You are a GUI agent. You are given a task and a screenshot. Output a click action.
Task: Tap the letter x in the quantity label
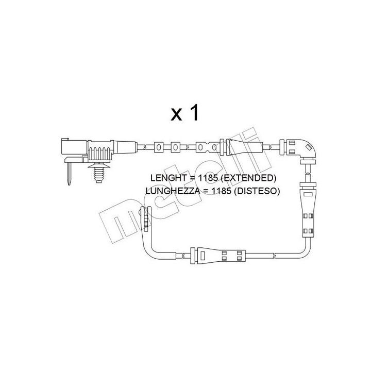[177, 115]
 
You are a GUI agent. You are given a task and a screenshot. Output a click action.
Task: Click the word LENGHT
[167, 178]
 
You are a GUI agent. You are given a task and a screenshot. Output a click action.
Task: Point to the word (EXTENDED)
[251, 178]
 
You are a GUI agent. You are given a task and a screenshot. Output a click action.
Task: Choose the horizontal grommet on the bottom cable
[217, 255]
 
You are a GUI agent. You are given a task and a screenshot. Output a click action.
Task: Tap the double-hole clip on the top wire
[205, 147]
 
